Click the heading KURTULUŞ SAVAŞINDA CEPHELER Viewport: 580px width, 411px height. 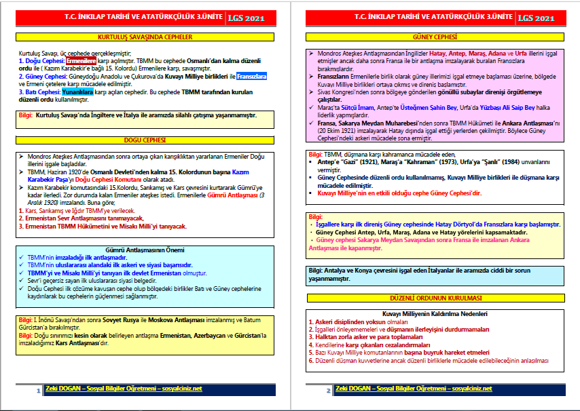145,37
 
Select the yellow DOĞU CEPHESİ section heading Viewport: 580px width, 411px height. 145,140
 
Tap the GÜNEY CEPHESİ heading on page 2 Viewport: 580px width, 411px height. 435,37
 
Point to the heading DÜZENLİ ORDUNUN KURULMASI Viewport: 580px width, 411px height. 435,298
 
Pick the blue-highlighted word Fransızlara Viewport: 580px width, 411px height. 251,76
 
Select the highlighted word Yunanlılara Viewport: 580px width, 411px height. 77,90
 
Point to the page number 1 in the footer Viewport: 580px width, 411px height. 38,391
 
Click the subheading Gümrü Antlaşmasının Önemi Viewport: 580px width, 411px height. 145,251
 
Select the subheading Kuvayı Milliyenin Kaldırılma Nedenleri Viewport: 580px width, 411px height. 435,314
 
